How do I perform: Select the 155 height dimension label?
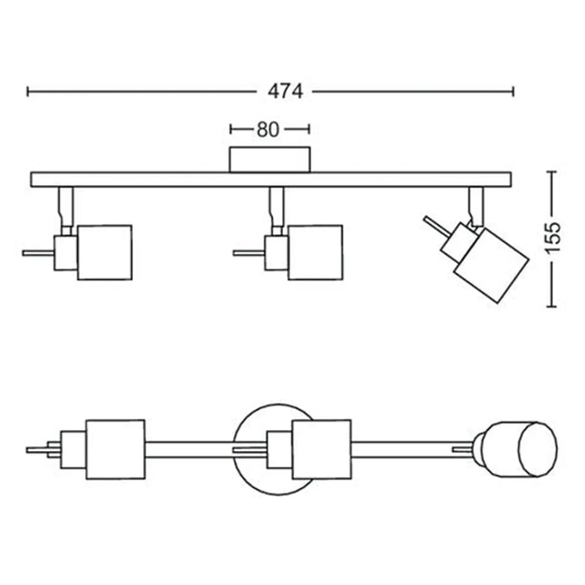552,238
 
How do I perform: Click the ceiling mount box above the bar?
270,159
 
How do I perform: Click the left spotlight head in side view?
105,252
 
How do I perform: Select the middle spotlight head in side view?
315,252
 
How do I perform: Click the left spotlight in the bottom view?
116,449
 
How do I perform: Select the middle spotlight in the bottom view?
321,449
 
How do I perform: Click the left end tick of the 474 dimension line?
28,91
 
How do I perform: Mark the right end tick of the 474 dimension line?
513,91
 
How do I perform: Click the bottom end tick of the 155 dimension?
552,307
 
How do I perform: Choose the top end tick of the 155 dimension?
552,172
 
